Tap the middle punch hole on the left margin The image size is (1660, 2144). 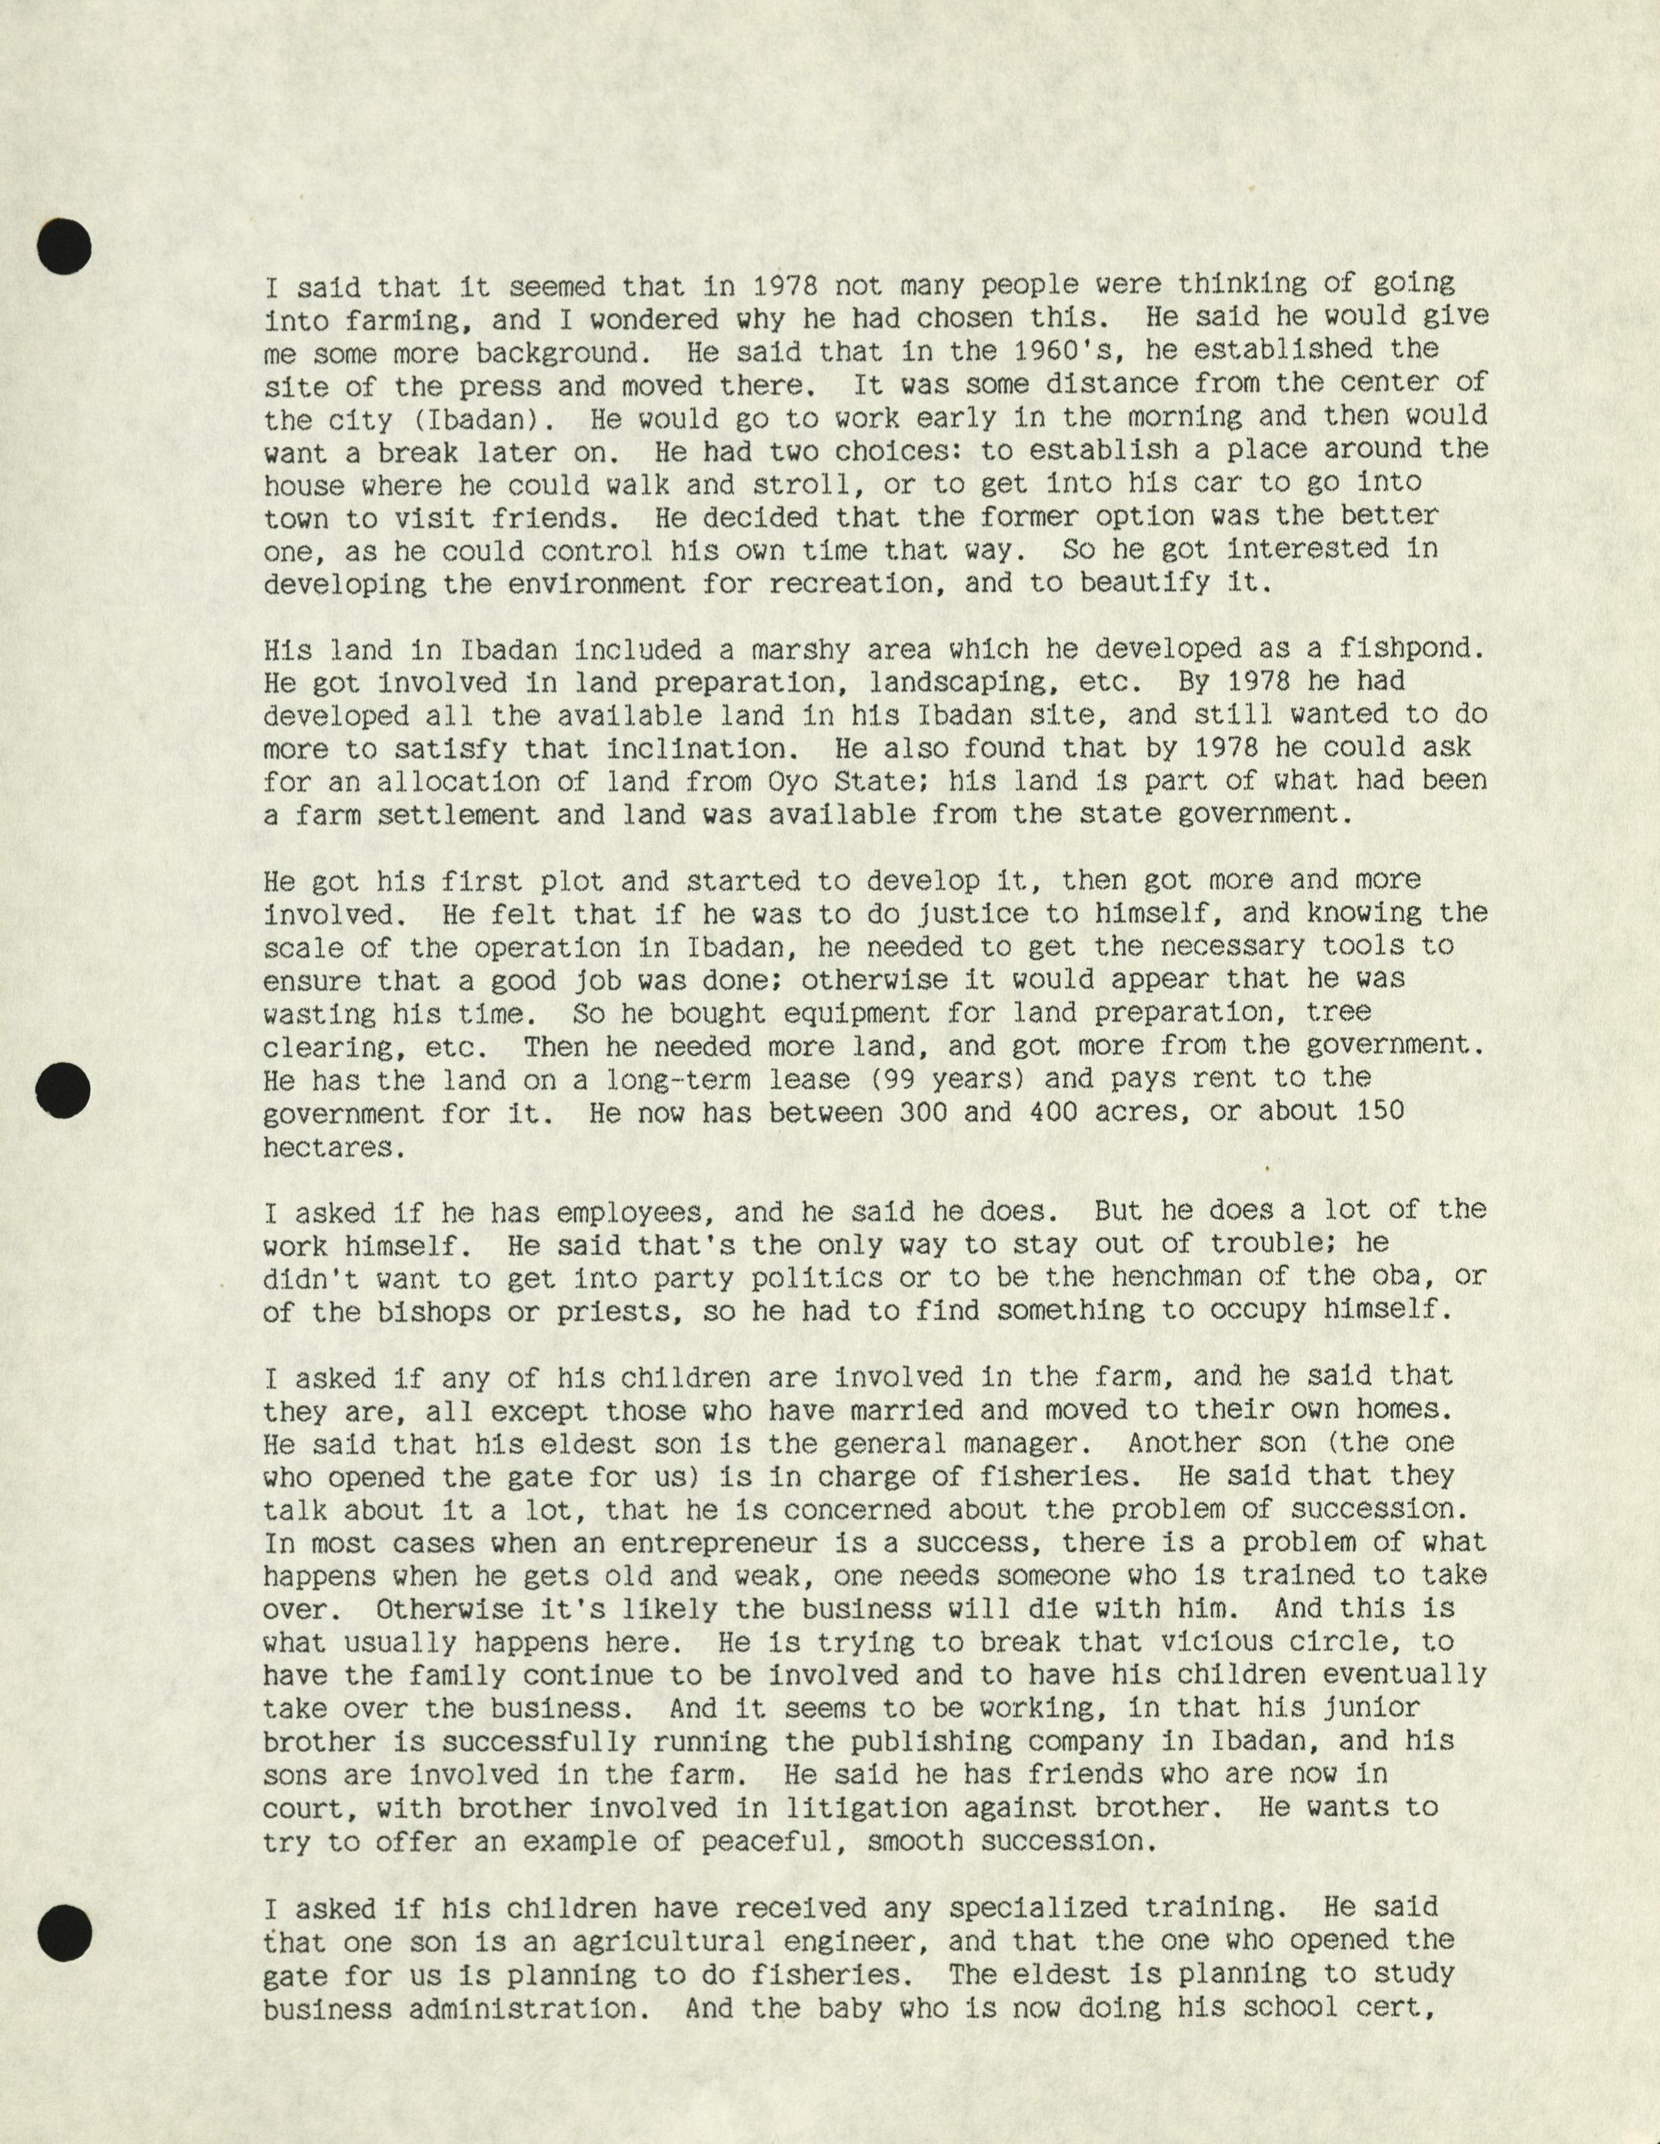pos(65,1088)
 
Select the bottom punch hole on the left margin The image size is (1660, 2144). pos(65,1933)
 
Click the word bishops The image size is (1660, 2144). pos(425,1312)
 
